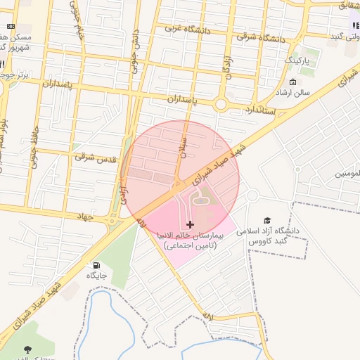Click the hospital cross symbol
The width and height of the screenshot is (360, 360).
pos(190,224)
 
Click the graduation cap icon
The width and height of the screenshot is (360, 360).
pos(266,220)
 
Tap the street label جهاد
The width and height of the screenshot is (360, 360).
pos(85,218)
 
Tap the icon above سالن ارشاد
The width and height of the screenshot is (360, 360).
pos(293,82)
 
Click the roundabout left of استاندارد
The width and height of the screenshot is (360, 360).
pos(221,105)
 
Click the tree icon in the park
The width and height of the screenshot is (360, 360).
pos(27,349)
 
